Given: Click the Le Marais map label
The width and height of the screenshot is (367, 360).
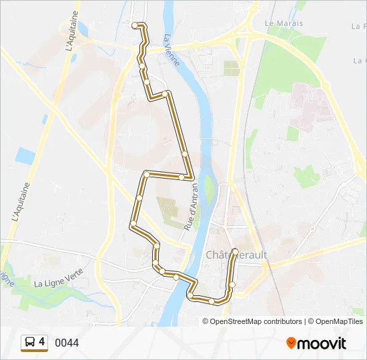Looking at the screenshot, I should (x=284, y=23).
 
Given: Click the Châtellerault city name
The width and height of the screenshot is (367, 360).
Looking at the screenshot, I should (x=236, y=255).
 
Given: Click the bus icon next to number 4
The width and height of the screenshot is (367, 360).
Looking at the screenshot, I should (x=31, y=343).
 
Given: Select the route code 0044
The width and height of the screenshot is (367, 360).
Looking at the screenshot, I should (x=67, y=343).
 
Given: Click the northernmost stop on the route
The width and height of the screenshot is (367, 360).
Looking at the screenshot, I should (x=135, y=25).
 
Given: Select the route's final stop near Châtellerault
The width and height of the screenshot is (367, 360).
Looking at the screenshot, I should (x=235, y=251).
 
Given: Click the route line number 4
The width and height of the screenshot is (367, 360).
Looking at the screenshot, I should (x=42, y=342).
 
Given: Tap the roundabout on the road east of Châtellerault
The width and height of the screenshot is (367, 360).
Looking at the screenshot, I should (x=312, y=229).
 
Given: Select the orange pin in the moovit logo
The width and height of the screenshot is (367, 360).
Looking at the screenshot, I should (x=292, y=343).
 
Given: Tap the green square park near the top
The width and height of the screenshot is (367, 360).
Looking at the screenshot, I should (x=231, y=68).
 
